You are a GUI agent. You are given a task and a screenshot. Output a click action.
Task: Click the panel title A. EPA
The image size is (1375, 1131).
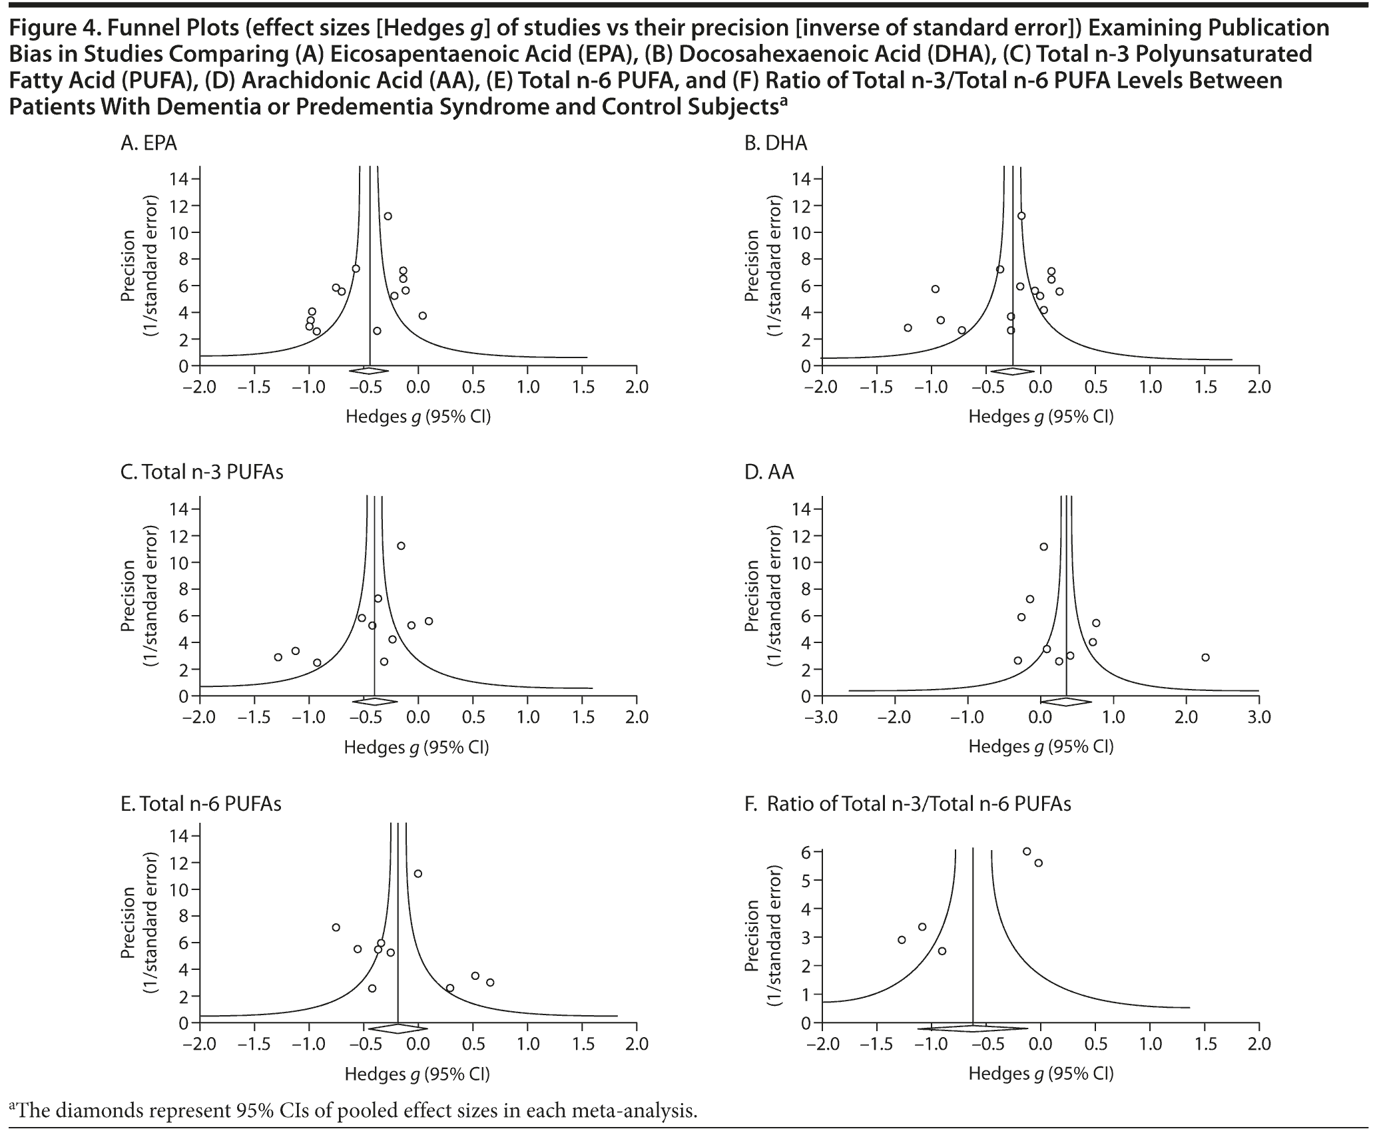click(148, 143)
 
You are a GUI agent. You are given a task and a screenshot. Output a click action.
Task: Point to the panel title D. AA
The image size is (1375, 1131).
click(769, 472)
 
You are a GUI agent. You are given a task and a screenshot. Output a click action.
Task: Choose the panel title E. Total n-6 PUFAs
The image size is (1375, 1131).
click(200, 803)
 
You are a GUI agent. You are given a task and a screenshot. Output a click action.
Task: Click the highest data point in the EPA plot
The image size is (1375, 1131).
click(388, 216)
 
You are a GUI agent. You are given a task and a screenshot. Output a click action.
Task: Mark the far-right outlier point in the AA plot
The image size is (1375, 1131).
click(1205, 657)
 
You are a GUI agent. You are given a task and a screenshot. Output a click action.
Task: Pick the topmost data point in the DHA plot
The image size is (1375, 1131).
click(1021, 215)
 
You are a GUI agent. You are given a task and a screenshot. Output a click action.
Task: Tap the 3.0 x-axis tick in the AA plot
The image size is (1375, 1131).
click(1258, 718)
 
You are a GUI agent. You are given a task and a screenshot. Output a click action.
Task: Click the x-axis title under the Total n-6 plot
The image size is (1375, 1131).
click(417, 1074)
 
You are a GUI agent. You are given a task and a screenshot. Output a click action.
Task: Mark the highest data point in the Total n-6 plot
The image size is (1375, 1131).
click(417, 873)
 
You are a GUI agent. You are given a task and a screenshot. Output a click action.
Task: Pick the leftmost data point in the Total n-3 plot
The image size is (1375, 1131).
click(278, 657)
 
